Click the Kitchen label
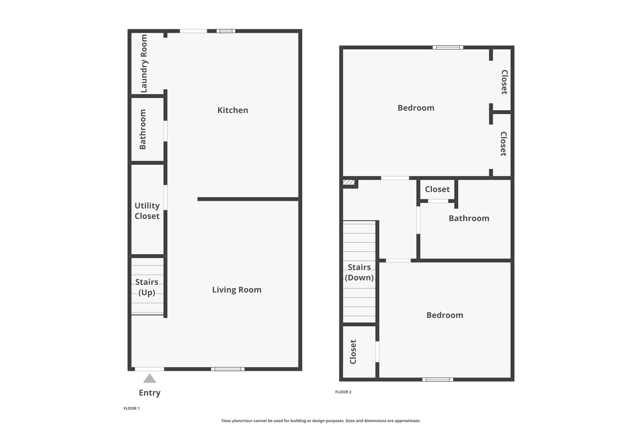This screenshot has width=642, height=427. click(x=233, y=110)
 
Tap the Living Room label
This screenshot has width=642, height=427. click(x=237, y=290)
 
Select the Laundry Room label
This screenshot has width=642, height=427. click(x=144, y=64)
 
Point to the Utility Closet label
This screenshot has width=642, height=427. click(x=147, y=211)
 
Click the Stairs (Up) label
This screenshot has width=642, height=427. click(x=147, y=287)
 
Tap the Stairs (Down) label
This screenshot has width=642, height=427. click(x=359, y=272)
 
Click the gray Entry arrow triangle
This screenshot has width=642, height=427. click(x=150, y=378)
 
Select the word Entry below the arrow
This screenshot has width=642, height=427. click(x=150, y=393)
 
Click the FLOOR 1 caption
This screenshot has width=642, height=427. click(x=132, y=409)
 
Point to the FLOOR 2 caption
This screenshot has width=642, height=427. click(x=343, y=392)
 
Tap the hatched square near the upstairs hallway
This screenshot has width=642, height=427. click(x=349, y=182)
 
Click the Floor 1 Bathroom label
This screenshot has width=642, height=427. click(x=143, y=129)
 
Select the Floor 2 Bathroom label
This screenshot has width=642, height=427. click(x=469, y=218)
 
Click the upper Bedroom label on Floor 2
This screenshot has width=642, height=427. click(x=416, y=108)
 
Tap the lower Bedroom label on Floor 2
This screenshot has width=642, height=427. click(x=445, y=315)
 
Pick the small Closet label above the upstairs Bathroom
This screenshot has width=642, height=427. click(x=437, y=189)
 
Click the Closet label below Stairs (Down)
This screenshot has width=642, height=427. click(x=353, y=352)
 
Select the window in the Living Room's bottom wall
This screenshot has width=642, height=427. click(x=228, y=369)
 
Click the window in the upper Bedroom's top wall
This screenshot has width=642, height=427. click(x=448, y=48)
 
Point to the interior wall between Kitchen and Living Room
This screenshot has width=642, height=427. click(x=249, y=199)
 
